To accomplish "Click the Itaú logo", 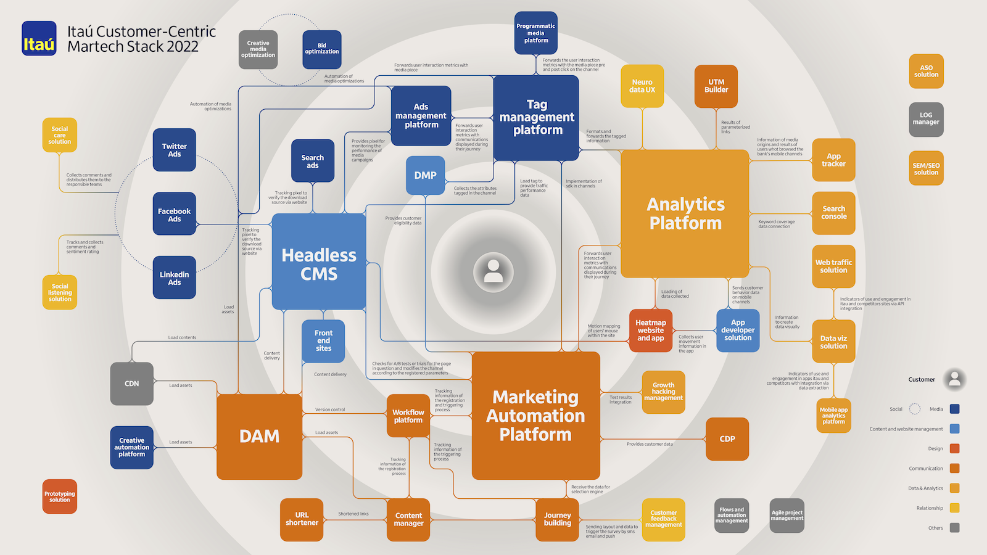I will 39,38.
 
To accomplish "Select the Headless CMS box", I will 319,262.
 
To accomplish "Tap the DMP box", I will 425,175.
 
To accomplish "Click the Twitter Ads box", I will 175,150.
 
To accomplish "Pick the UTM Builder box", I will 716,86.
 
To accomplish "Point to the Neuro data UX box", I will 642,86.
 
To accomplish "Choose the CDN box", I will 132,384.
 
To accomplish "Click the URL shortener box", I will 302,519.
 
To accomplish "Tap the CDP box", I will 727,439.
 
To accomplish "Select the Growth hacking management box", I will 664,392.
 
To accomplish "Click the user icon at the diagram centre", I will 493,271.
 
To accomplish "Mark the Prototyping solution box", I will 60,496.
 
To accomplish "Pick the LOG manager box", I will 926,119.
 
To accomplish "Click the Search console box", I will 833,213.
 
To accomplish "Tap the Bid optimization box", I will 322,49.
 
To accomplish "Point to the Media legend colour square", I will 955,409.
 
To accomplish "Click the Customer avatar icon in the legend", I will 954,379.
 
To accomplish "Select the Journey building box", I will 557,519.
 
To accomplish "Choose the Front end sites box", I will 323,341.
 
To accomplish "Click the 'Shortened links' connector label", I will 353,514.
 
